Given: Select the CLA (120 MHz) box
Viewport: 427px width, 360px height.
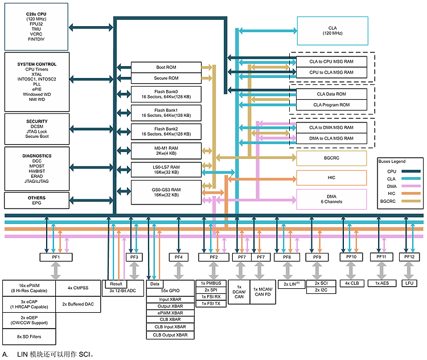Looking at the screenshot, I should click(x=332, y=30).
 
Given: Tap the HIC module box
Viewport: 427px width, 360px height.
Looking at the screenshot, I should click(x=331, y=178).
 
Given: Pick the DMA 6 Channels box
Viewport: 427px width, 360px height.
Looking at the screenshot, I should click(x=331, y=198).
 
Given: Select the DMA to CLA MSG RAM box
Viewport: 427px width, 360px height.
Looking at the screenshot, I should click(x=332, y=138).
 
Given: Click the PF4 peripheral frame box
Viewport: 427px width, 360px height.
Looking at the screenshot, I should click(x=178, y=257).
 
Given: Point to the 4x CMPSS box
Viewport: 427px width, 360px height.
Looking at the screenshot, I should click(x=76, y=288).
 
